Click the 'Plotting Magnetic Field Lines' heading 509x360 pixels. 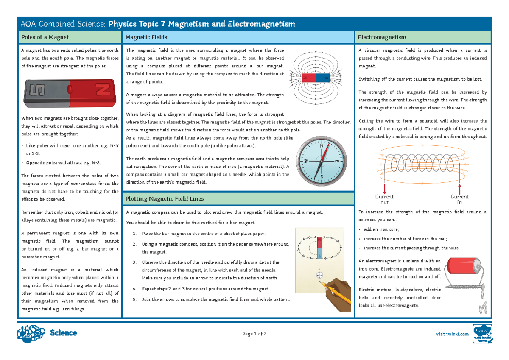pos(165,198)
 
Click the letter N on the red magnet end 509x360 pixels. pos(102,90)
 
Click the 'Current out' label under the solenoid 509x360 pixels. pos(384,199)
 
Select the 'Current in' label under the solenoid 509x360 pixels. pos(459,199)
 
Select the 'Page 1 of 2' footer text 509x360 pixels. pos(255,334)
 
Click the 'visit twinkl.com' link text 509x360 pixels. pos(453,334)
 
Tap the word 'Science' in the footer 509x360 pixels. pos(63,333)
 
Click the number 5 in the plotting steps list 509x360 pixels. pos(134,299)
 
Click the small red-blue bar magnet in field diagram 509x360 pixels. pos(315,78)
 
